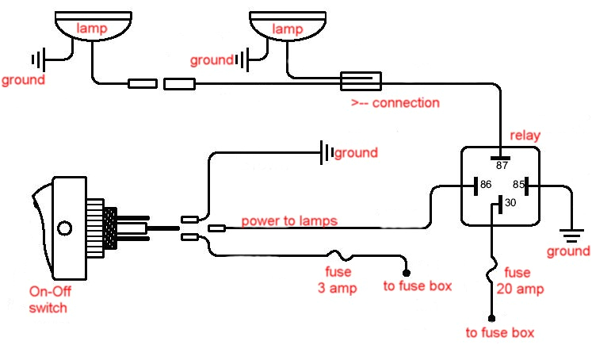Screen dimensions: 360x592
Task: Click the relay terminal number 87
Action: (500, 167)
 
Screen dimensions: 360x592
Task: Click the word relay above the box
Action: (525, 136)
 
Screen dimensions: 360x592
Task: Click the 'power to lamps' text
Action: (290, 220)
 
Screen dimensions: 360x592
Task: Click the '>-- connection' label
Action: (395, 103)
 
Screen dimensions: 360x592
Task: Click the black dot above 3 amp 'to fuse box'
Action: (407, 272)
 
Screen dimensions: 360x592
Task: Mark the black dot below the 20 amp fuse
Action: (491, 317)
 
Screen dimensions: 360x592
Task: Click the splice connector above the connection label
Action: (361, 80)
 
